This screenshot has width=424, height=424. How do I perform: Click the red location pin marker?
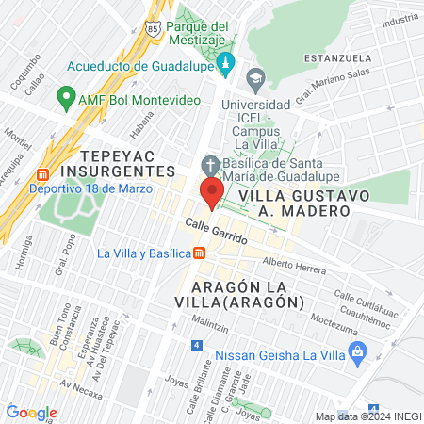point(211,191)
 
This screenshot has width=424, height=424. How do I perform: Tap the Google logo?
point(32,412)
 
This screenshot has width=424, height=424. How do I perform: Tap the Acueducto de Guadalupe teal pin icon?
point(224,64)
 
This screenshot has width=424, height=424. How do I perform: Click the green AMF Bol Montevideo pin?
point(66,97)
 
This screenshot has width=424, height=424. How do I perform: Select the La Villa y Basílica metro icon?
point(200,253)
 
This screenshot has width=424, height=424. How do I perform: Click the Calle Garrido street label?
point(216,232)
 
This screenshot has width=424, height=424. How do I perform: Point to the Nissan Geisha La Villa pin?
point(356,354)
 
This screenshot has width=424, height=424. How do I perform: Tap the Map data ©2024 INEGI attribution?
point(367,416)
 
